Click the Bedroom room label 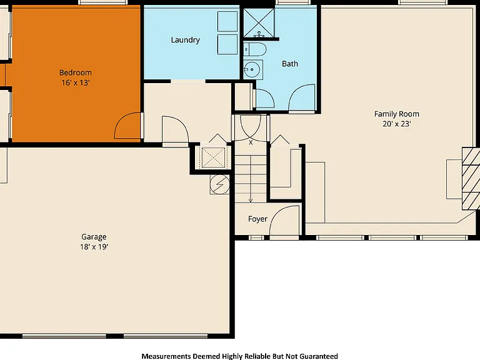coord(75,72)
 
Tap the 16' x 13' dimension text coord(75,82)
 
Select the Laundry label coord(185,40)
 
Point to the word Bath coord(290,64)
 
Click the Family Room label coord(397,114)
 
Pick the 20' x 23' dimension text coord(397,124)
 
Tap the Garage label coord(94,237)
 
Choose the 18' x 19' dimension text coord(94,247)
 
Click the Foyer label coord(257,219)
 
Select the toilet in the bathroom coord(255,49)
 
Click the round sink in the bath coord(252,69)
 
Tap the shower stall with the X coord(259,23)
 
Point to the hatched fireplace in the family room coord(471,179)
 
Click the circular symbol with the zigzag coord(219,184)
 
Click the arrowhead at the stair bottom coord(251,201)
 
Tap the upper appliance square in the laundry coord(227,21)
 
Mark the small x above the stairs coord(251,142)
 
